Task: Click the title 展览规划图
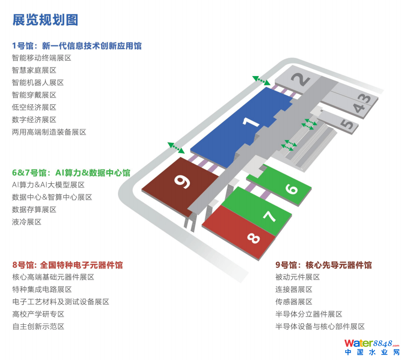[x=46, y=20]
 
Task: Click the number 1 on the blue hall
[x=251, y=122]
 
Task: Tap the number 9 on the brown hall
[x=182, y=181]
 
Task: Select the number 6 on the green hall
[x=292, y=189]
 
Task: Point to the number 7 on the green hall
[x=269, y=216]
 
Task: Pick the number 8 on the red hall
[x=254, y=238]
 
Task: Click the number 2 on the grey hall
[x=300, y=79]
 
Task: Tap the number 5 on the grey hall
[x=347, y=124]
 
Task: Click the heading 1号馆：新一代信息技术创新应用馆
[x=77, y=46]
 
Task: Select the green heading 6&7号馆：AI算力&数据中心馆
[x=71, y=173]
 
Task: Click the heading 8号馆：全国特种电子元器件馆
[x=67, y=265]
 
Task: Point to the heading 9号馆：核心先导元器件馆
[x=323, y=265]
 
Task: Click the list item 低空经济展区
[x=34, y=107]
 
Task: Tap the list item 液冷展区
[x=26, y=222]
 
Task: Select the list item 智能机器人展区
[x=38, y=83]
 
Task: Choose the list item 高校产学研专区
[x=38, y=314]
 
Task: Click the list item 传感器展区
[x=294, y=302]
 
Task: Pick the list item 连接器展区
[x=294, y=289]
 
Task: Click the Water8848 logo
[x=372, y=347]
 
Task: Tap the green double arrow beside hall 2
[x=261, y=80]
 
